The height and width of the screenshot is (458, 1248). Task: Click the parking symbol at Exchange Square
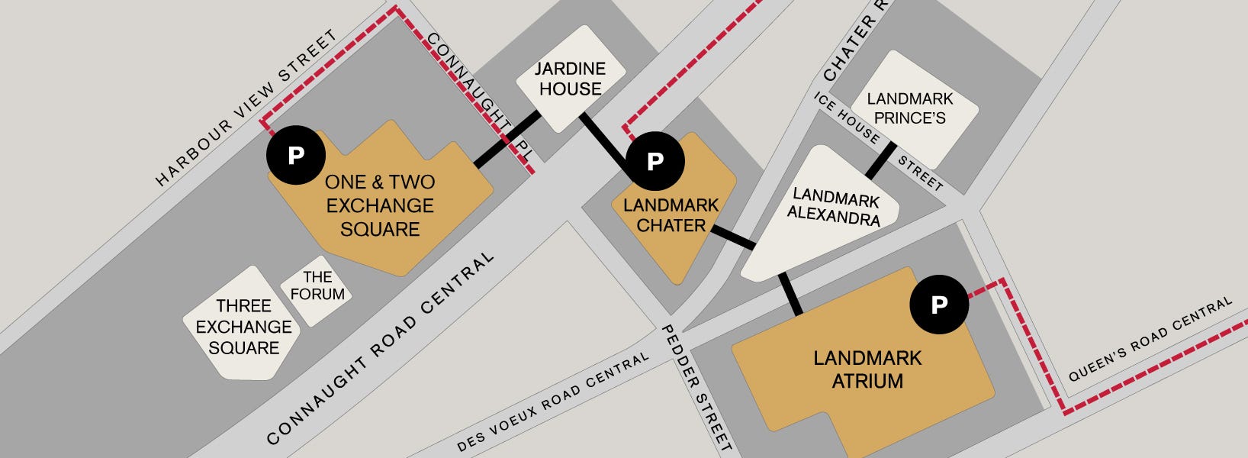[x=296, y=155]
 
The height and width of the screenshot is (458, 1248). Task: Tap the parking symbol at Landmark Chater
[x=655, y=161]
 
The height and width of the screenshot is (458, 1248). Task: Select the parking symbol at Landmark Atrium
[x=939, y=305]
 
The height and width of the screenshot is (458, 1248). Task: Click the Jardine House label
[x=570, y=79]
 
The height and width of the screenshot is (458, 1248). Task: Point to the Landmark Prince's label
[x=909, y=108]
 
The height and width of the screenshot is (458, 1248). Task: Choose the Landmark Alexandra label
[x=835, y=207]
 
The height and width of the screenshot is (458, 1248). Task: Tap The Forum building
[x=317, y=286]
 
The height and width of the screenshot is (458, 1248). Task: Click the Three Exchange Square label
[x=243, y=327]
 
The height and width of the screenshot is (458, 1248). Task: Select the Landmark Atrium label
[x=867, y=369]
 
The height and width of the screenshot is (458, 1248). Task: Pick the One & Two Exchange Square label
[x=379, y=205]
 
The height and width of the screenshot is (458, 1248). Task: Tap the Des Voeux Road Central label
[x=553, y=402]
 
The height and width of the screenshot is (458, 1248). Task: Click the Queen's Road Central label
[x=1150, y=339]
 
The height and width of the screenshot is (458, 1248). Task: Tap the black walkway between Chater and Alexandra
[x=732, y=237]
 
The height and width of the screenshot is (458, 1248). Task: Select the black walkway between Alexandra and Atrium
[x=790, y=294]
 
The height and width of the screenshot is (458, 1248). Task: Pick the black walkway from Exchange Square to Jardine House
[x=507, y=140]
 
